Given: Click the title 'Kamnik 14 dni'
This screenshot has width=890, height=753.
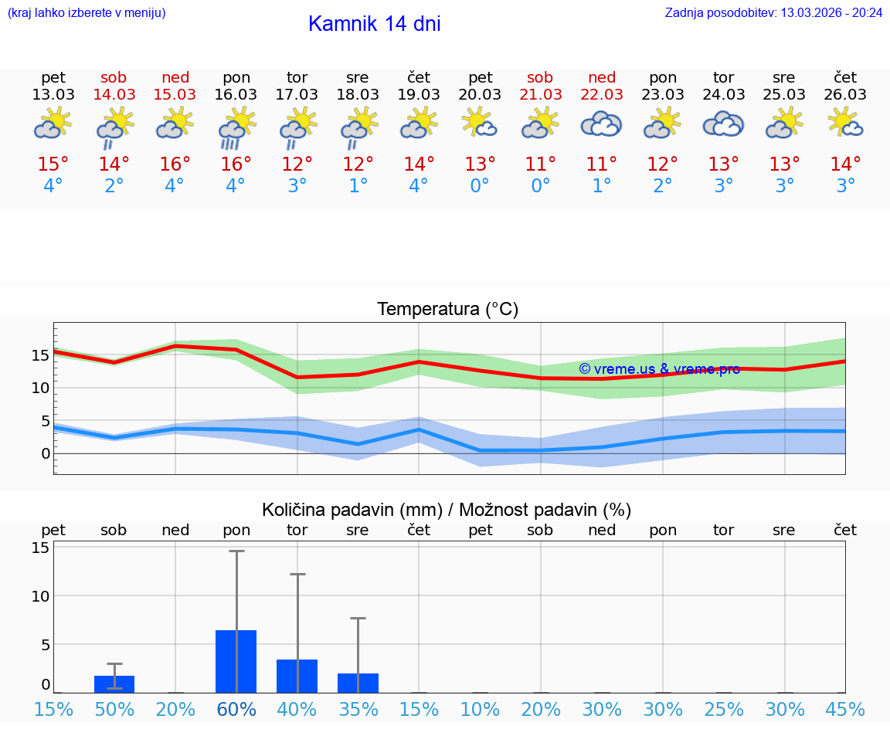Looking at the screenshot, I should (x=374, y=24).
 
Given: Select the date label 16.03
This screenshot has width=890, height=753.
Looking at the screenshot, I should (x=236, y=95).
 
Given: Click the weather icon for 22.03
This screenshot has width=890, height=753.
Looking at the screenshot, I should (x=601, y=124).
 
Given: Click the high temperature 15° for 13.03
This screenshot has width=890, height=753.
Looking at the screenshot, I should (x=53, y=165).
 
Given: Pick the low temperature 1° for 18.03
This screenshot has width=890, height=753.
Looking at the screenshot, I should (x=358, y=186).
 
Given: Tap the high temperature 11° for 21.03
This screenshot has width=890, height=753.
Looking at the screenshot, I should (x=540, y=165).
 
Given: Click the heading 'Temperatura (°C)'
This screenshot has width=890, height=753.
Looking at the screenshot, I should (x=447, y=310).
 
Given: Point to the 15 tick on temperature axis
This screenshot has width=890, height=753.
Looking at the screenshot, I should (x=40, y=355).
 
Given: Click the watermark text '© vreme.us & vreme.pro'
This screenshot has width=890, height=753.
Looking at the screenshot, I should (x=659, y=369).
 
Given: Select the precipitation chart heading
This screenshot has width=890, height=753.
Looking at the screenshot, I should (x=447, y=510).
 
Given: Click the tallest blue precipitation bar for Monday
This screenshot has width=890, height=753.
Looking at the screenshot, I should (x=236, y=661).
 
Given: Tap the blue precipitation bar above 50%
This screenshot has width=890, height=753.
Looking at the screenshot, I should (x=114, y=684).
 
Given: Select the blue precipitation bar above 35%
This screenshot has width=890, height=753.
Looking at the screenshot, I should (x=358, y=683).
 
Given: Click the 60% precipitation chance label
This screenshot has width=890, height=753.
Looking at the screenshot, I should (x=236, y=710).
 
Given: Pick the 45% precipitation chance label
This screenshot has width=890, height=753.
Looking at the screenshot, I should (x=845, y=710).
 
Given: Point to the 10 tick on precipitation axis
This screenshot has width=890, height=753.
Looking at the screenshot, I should (x=40, y=596).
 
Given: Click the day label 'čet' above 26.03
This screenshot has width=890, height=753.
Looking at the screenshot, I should (x=845, y=77).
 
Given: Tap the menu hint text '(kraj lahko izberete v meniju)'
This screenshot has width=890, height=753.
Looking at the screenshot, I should (x=87, y=13).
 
